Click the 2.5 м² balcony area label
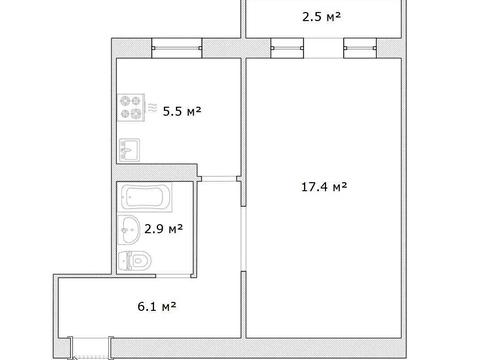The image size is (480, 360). coord(321,16)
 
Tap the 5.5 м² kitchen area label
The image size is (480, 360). coord(182,111)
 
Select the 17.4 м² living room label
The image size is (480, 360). coord(324,187)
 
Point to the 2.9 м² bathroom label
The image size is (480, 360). coord(163,229)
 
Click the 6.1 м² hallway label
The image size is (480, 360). coord(157,306)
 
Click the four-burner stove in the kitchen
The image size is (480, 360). coord(131,107)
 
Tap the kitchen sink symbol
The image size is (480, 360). coord(129,150)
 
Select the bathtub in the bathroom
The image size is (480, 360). coord(146,197)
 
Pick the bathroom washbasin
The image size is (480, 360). coord(129,229)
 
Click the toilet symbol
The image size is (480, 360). coord(135,261)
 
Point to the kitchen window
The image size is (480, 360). coord(177,48)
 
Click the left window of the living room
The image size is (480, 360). coord(287,48)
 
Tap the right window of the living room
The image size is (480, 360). coord(360,48)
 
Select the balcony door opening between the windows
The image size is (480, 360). coord(323,48)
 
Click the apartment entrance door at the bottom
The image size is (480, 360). coord(91,348)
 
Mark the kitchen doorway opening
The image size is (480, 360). coord(219,179)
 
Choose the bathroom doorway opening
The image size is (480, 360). coord(173,276)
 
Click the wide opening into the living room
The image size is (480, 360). coord(244,239)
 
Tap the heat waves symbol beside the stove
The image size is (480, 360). coord(152,107)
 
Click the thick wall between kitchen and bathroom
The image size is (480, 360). coord(157,172)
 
